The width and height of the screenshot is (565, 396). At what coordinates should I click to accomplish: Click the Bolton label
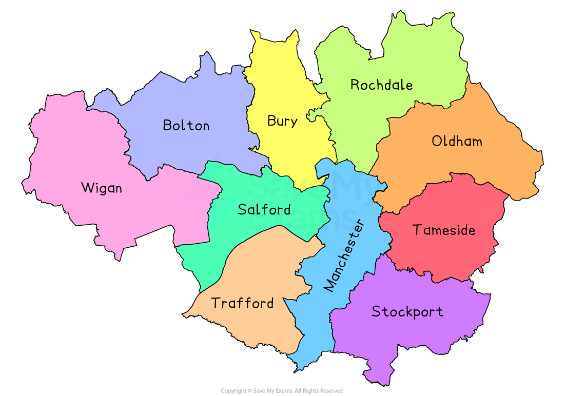(x=186, y=125)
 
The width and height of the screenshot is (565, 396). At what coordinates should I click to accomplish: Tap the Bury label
(x=282, y=122)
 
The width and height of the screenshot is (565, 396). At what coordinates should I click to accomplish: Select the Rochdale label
(x=381, y=85)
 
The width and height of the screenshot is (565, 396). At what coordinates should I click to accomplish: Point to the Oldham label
(x=457, y=141)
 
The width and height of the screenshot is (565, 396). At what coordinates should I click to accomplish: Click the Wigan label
(x=102, y=188)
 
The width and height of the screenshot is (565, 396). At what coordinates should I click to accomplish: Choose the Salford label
(x=264, y=209)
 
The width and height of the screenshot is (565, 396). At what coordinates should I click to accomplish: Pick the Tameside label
(x=444, y=230)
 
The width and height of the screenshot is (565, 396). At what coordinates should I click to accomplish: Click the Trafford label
(x=242, y=303)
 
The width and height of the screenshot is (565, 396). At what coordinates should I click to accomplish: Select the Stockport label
(x=407, y=311)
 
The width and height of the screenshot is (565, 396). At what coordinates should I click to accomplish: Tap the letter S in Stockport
(x=376, y=311)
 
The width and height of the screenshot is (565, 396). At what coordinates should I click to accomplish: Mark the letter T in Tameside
(x=417, y=230)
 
